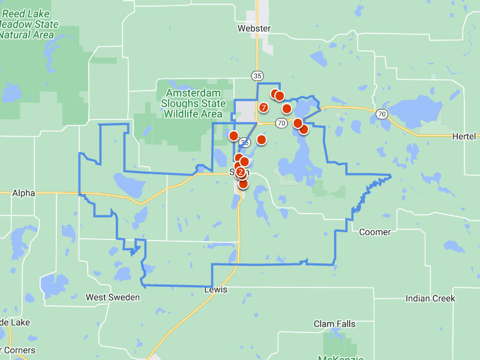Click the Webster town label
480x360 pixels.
point(254,28)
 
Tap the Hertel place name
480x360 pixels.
point(466,137)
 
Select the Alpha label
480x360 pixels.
point(23,193)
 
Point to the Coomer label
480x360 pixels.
point(374,232)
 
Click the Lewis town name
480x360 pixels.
point(216,290)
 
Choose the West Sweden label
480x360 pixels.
point(113,298)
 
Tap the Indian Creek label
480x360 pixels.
point(430,298)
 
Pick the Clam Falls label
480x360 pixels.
point(334,324)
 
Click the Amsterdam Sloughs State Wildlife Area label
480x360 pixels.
point(193,103)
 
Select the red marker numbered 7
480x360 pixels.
point(263,107)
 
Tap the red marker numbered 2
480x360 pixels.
point(241,172)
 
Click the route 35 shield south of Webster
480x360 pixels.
point(257,76)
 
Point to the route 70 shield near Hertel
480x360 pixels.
point(382,114)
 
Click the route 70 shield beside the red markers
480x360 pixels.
point(281,123)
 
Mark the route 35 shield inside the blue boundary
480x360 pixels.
point(245,143)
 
